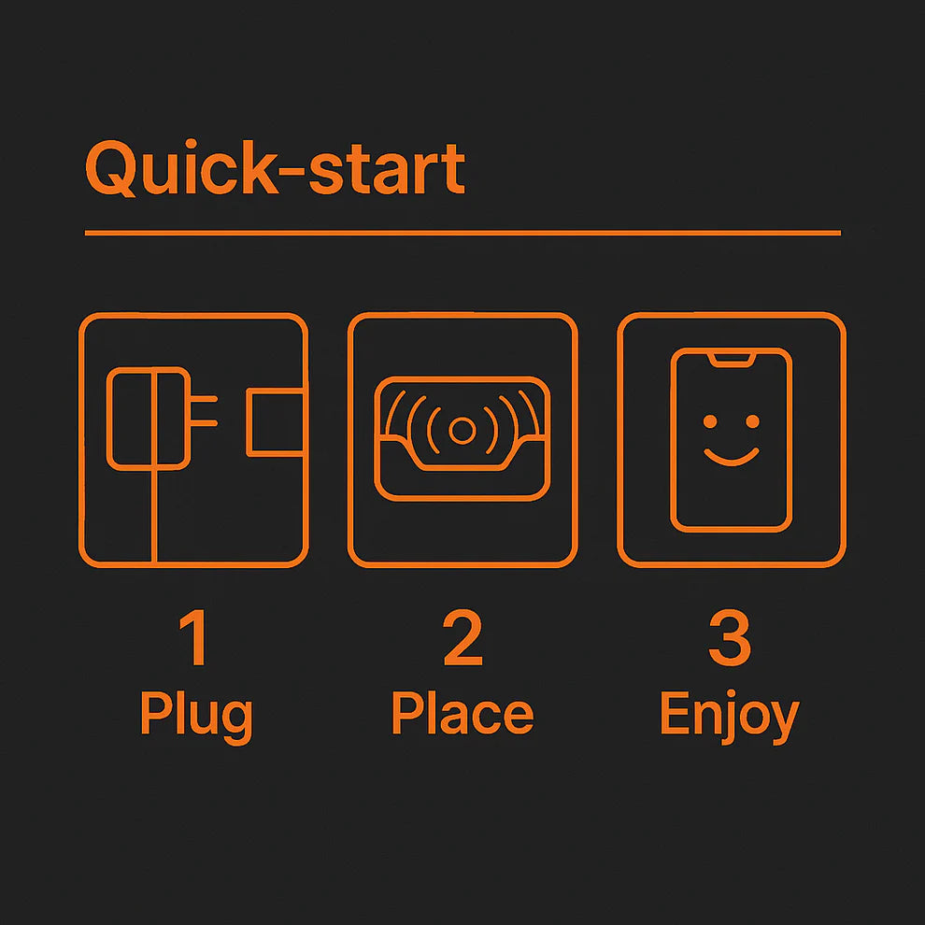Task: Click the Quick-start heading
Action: (x=275, y=169)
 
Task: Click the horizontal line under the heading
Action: (x=462, y=233)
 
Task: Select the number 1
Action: (x=194, y=638)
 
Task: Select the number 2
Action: (x=462, y=638)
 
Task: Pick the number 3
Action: (x=731, y=638)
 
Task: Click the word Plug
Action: (x=196, y=716)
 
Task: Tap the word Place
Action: (x=462, y=713)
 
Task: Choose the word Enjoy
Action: (x=730, y=716)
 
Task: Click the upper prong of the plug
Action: (x=204, y=399)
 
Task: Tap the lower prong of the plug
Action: (x=204, y=423)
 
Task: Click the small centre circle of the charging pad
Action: (x=462, y=431)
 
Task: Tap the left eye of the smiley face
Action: (x=710, y=421)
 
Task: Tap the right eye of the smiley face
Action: (x=752, y=421)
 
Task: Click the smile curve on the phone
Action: (x=732, y=462)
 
